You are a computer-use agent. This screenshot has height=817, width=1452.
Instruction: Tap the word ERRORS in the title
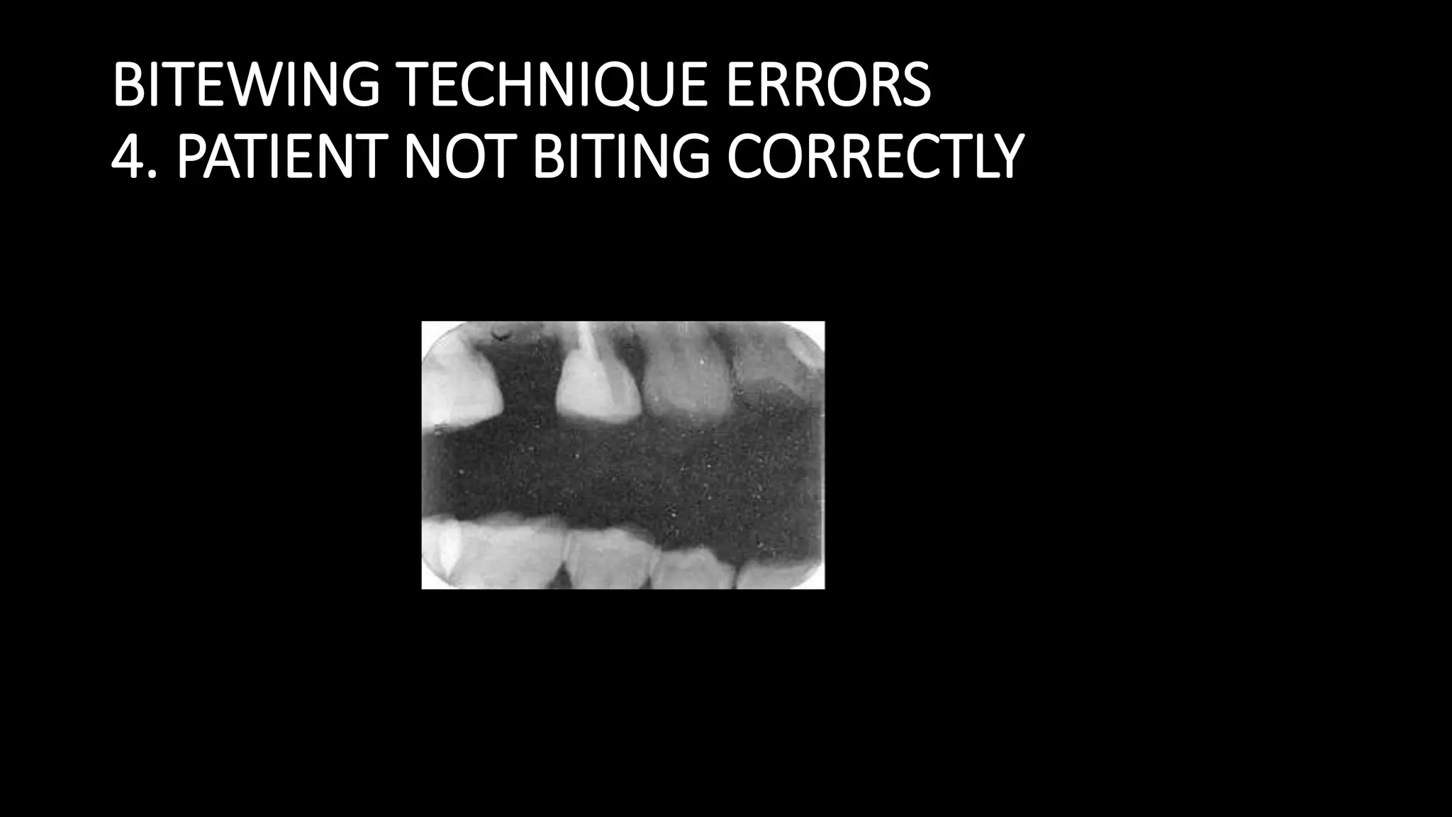(x=828, y=85)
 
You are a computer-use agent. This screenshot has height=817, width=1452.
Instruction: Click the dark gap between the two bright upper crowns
(x=528, y=383)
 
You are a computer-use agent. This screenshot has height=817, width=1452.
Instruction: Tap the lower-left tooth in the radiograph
(x=489, y=557)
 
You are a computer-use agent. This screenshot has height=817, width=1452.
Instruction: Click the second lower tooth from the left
(x=610, y=560)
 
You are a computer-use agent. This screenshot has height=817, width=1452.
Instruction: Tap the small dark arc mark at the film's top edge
(x=501, y=333)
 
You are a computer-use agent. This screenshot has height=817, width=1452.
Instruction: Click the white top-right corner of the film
(x=819, y=327)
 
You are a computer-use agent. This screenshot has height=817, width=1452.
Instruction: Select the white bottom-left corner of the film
(x=427, y=583)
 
